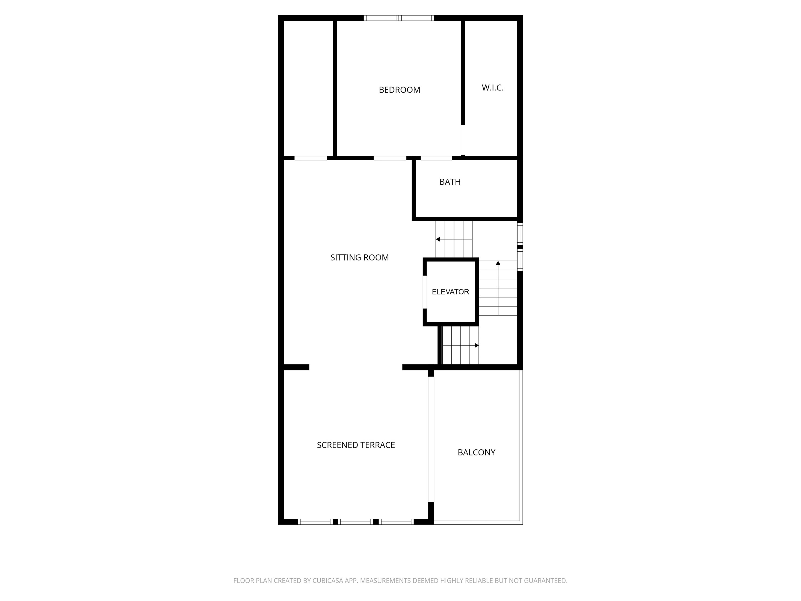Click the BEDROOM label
400,90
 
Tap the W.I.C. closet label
492,88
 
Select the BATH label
450,182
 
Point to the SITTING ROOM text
360,258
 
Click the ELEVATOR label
450,292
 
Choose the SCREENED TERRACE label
356,445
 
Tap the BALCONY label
477,452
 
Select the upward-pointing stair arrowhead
498,263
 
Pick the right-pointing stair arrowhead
477,346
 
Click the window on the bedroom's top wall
399,18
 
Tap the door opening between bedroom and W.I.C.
463,140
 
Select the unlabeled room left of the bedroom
308,89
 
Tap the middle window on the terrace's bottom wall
356,522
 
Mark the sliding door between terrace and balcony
431,440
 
